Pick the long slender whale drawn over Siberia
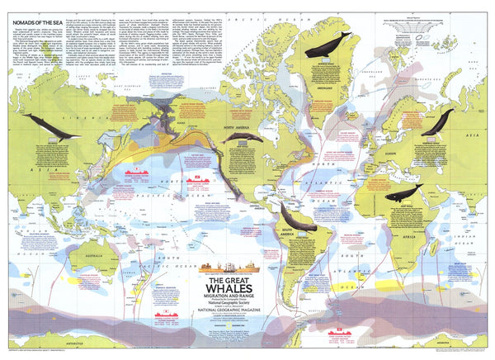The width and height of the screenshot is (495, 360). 52,125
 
